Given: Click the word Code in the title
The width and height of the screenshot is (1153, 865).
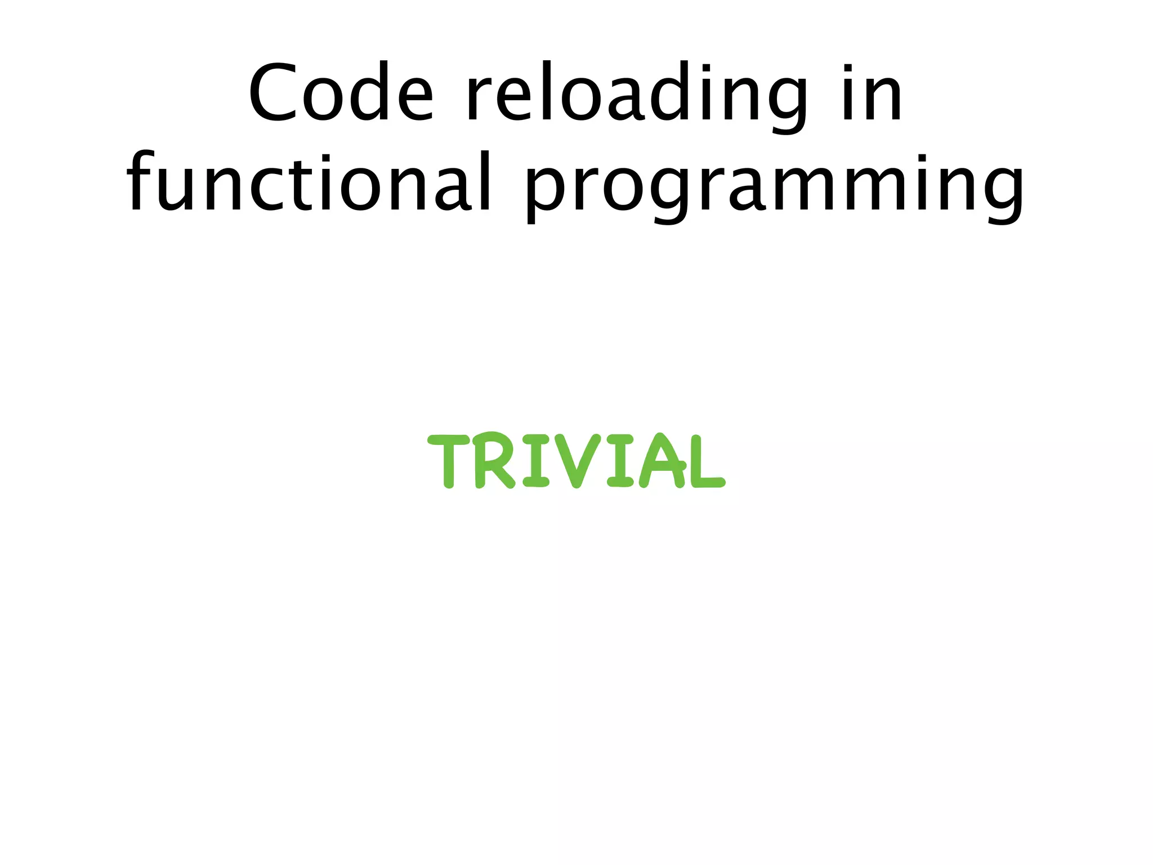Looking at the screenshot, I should click(341, 93).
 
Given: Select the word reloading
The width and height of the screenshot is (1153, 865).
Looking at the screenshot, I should click(636, 93).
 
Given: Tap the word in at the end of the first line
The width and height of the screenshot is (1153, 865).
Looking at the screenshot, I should click(873, 93).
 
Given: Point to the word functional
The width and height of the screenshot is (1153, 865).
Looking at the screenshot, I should click(310, 183).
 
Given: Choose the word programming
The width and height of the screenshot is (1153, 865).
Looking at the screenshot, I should click(774, 186).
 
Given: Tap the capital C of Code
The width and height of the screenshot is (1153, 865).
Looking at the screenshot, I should click(274, 93).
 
